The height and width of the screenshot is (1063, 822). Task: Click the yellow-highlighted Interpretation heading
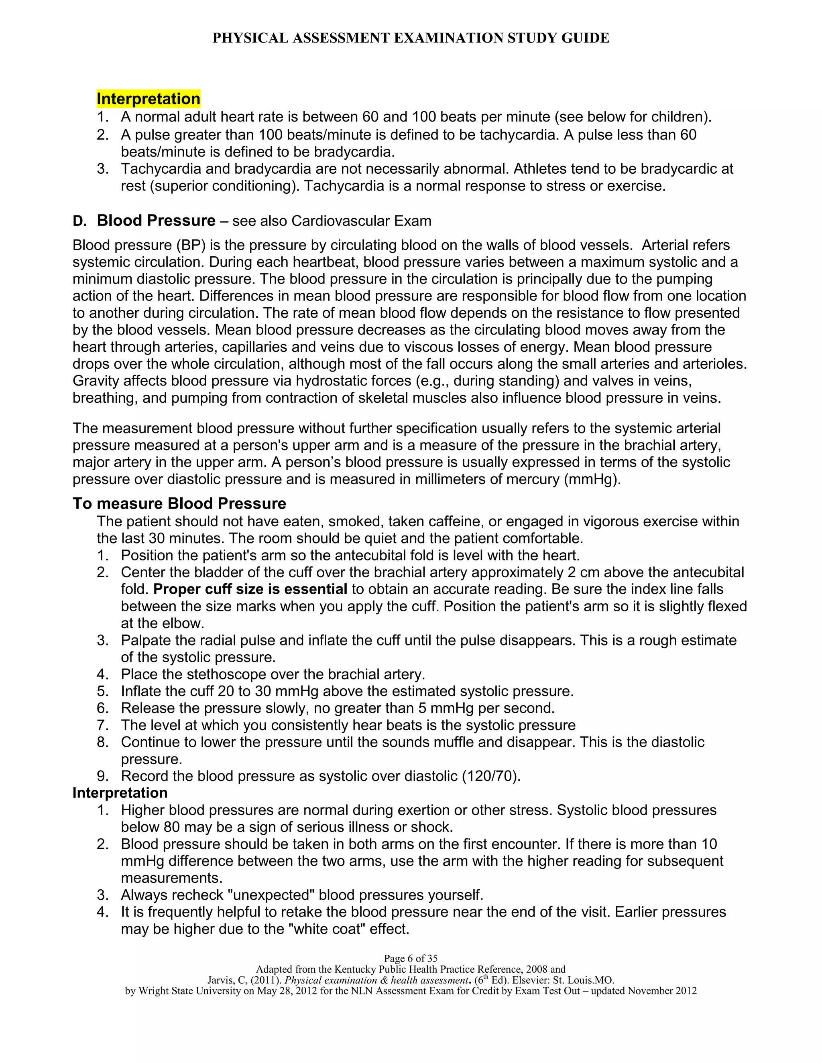click(148, 99)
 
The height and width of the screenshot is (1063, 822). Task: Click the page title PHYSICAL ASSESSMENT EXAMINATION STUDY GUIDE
click(411, 38)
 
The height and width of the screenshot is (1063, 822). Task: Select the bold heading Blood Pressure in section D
click(156, 221)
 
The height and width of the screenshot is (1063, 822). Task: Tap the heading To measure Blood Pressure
click(179, 503)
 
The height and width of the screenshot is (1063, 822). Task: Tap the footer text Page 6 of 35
click(411, 958)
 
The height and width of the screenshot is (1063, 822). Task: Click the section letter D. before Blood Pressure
click(80, 221)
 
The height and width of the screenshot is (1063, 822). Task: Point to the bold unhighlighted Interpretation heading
click(120, 793)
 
